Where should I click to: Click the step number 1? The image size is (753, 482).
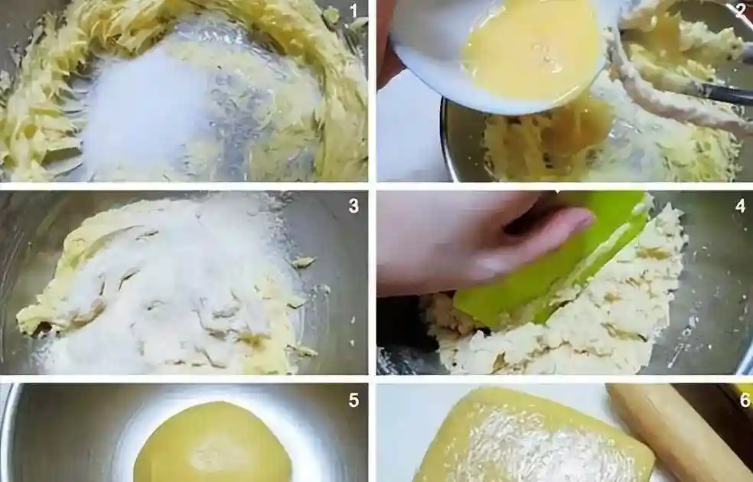click(354, 11)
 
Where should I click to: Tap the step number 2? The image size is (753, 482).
click(741, 11)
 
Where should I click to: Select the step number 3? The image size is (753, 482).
click(354, 206)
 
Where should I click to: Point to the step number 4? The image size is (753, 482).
click(741, 206)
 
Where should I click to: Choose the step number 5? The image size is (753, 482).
click(354, 400)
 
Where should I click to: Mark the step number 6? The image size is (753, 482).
click(745, 400)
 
